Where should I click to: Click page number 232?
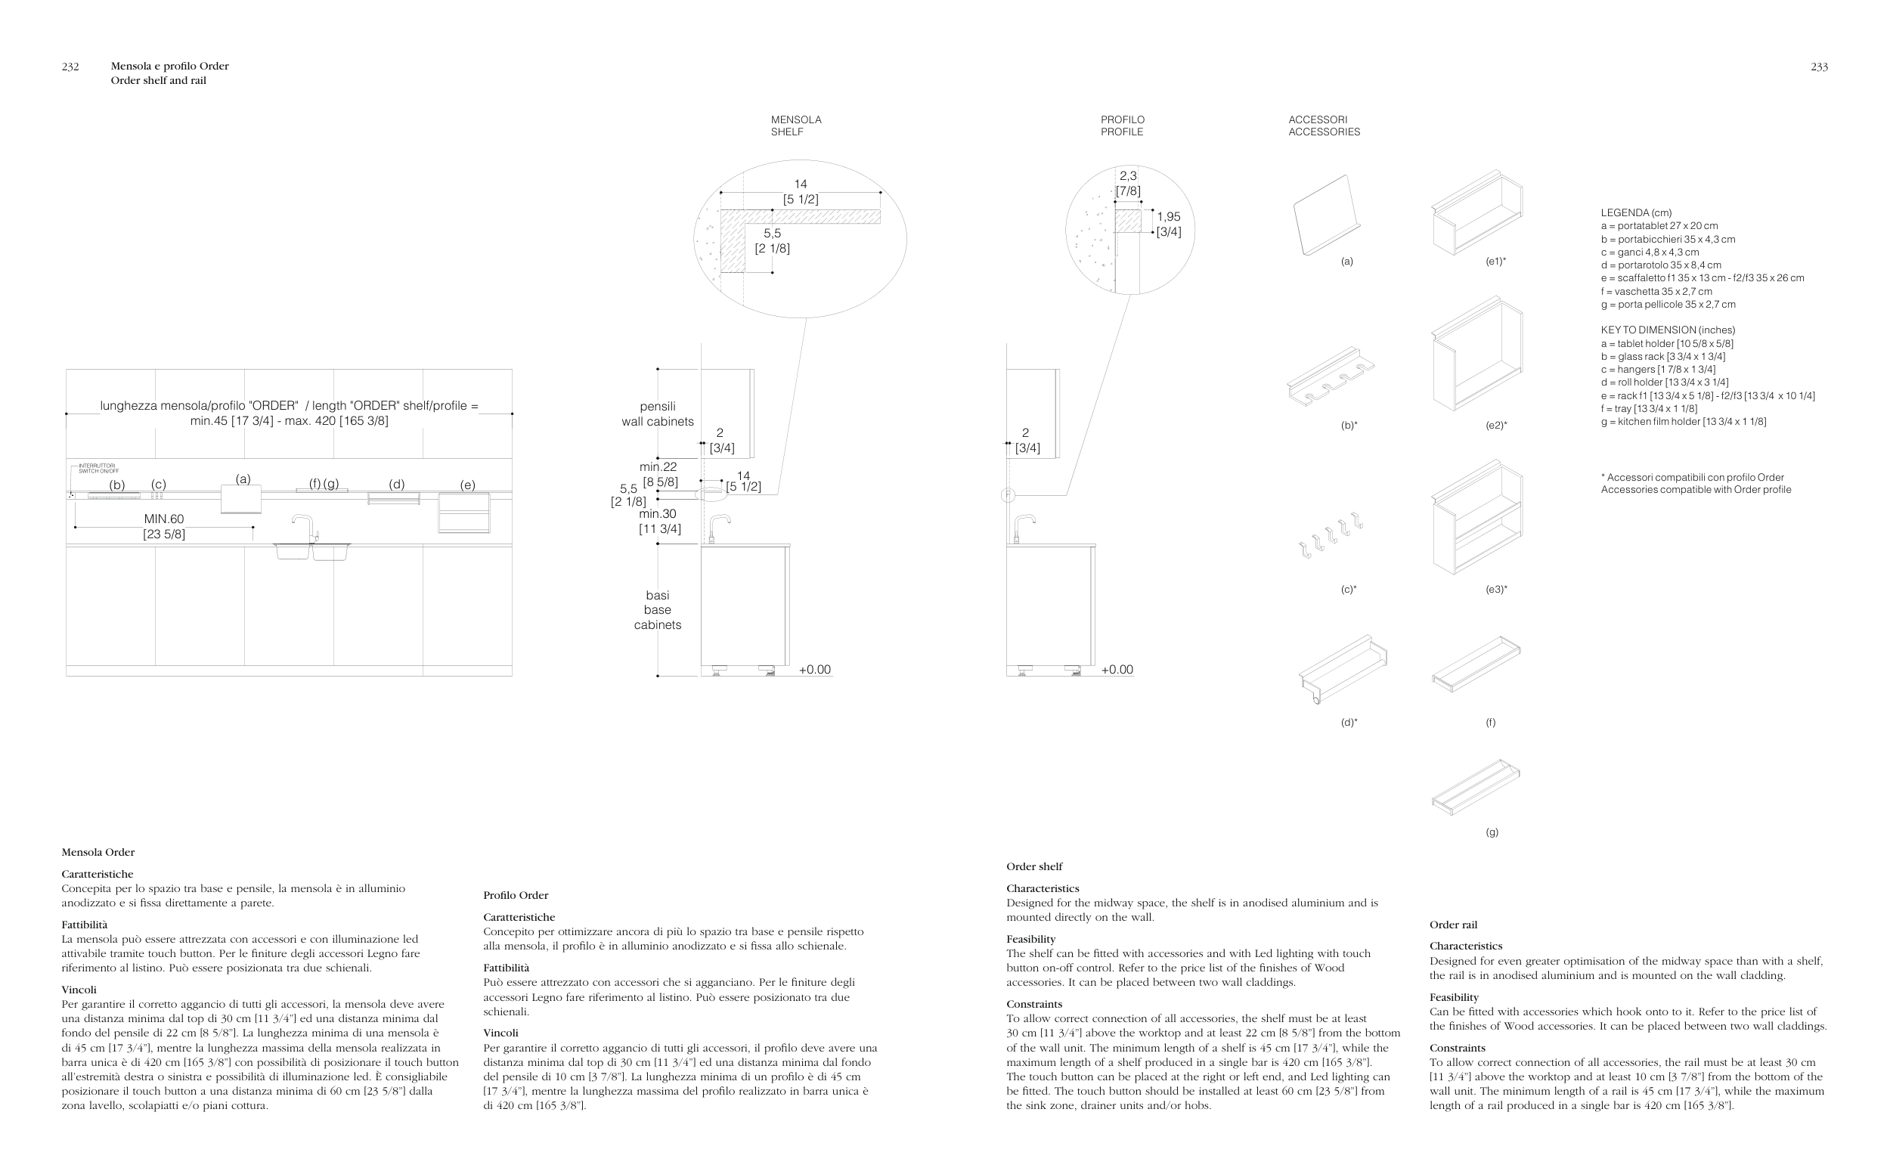(x=70, y=67)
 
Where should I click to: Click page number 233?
(x=1819, y=67)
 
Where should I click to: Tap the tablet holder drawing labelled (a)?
(x=1325, y=215)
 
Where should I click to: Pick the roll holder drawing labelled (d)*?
(x=1343, y=668)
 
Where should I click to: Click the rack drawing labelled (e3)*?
(x=1476, y=517)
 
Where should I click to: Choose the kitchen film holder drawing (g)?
(x=1475, y=787)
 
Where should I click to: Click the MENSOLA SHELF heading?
(x=796, y=125)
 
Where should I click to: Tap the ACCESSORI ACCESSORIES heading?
(x=1323, y=125)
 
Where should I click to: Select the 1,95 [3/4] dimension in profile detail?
(x=1168, y=224)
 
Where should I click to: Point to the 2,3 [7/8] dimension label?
(x=1127, y=184)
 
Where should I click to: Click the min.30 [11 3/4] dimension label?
(x=659, y=520)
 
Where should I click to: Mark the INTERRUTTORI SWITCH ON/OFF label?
(x=98, y=469)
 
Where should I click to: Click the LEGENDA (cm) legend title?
(x=1635, y=213)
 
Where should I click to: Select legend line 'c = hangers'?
(x=1658, y=370)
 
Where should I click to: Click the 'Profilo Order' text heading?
(x=515, y=895)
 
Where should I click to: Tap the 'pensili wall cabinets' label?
(x=658, y=414)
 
